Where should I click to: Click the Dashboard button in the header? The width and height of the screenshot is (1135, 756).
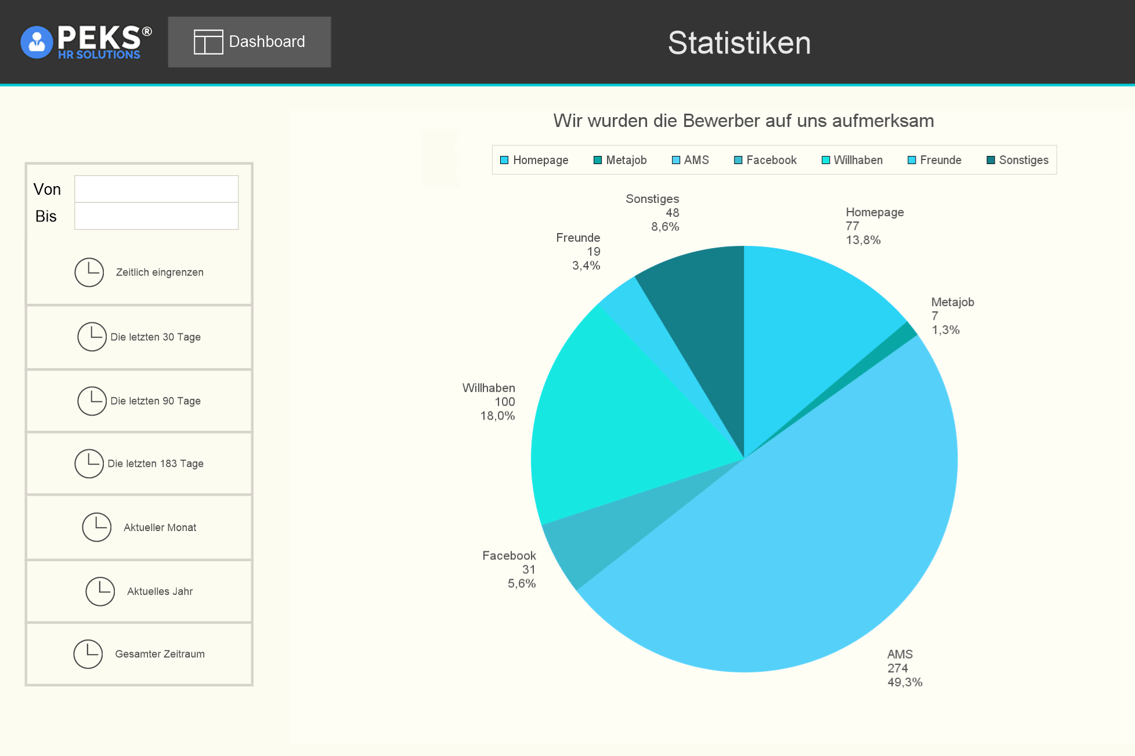250,42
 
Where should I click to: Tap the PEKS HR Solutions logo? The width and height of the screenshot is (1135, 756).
86,42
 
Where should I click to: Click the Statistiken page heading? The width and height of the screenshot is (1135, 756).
739,43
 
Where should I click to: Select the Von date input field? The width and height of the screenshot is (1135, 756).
156,189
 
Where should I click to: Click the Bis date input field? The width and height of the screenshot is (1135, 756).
156,216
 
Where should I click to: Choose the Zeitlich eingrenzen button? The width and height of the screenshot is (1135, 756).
139,272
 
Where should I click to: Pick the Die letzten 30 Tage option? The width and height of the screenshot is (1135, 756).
139,337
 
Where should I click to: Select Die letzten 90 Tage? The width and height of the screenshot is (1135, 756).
139,401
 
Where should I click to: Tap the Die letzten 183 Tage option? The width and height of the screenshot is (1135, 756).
139,463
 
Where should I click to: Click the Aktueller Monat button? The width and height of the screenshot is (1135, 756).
139,527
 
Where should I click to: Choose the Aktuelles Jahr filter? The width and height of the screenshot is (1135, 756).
139,591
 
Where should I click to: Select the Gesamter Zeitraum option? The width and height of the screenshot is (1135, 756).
139,653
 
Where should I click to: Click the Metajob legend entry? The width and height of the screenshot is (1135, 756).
620,160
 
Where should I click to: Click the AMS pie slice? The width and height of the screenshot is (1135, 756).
812,551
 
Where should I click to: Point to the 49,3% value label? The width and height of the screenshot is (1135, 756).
905,682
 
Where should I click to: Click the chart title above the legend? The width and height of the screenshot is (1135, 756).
743,121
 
